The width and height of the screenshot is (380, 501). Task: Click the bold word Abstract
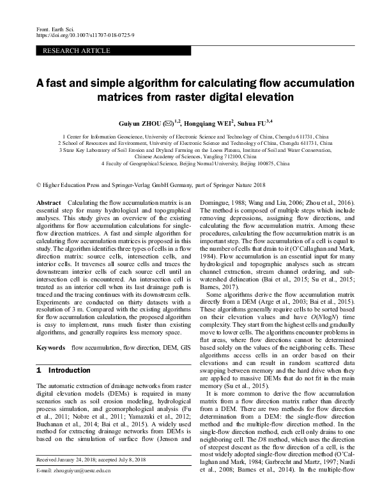[x=49, y=202]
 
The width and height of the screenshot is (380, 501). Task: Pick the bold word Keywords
[x=51, y=347]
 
